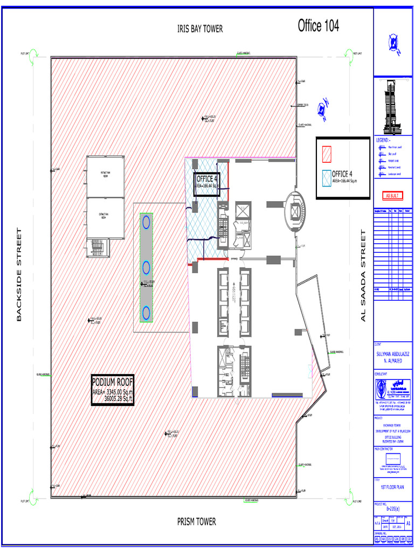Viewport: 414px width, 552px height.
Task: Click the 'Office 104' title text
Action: (319, 25)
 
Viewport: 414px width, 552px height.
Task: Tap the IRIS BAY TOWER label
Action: (200, 29)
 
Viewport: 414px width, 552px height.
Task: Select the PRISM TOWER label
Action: (197, 521)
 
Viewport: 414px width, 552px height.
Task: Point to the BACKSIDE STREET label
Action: (19, 275)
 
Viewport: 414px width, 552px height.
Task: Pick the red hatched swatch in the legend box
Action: (326, 154)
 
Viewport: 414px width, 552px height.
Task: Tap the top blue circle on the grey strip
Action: (146, 221)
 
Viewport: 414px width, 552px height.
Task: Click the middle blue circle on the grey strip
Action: (146, 266)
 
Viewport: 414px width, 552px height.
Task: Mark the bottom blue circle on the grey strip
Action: (146, 312)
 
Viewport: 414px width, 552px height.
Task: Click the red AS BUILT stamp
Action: (392, 195)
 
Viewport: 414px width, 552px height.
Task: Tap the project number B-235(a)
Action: (393, 508)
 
